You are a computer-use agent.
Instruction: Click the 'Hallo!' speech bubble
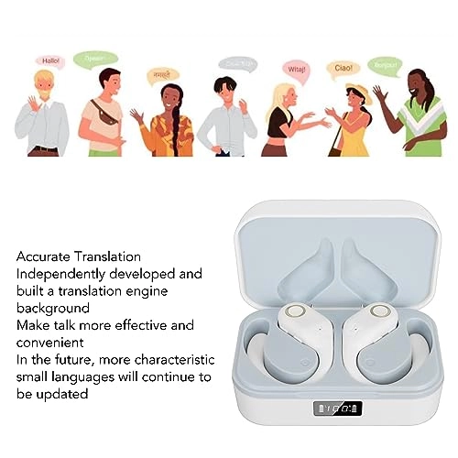pos(51,60)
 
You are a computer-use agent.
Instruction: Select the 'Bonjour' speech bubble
pos(385,64)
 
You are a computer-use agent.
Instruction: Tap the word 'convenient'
pos(50,342)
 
